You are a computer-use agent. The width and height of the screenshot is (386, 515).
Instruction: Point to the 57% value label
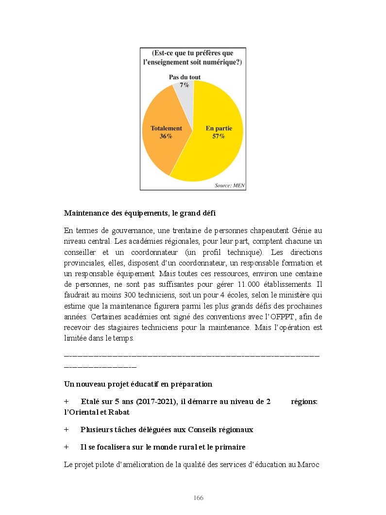coord(218,137)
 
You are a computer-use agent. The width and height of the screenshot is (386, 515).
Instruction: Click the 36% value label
coord(166,137)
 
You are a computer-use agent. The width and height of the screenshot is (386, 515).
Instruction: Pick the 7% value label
coord(185,85)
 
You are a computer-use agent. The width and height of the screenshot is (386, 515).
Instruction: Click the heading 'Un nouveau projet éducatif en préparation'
coord(138,384)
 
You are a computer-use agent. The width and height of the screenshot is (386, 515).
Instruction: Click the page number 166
coord(198,499)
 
